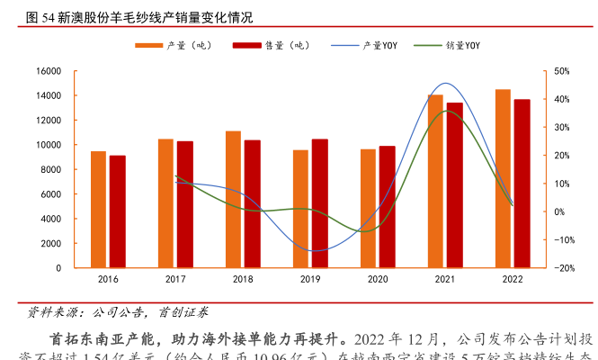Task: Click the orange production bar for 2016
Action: coord(98,210)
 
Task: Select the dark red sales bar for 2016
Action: coord(117,211)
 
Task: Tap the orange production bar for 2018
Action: coord(233,200)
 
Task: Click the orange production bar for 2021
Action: coord(435,181)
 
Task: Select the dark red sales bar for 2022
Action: coord(522,184)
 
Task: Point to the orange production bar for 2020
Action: coord(368,209)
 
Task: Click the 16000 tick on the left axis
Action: coord(49,71)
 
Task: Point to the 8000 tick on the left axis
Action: coord(51,169)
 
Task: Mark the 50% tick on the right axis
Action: coord(563,71)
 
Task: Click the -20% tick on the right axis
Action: coord(565,268)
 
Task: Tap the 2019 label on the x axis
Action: coord(310,281)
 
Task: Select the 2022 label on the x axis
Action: coord(513,281)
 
